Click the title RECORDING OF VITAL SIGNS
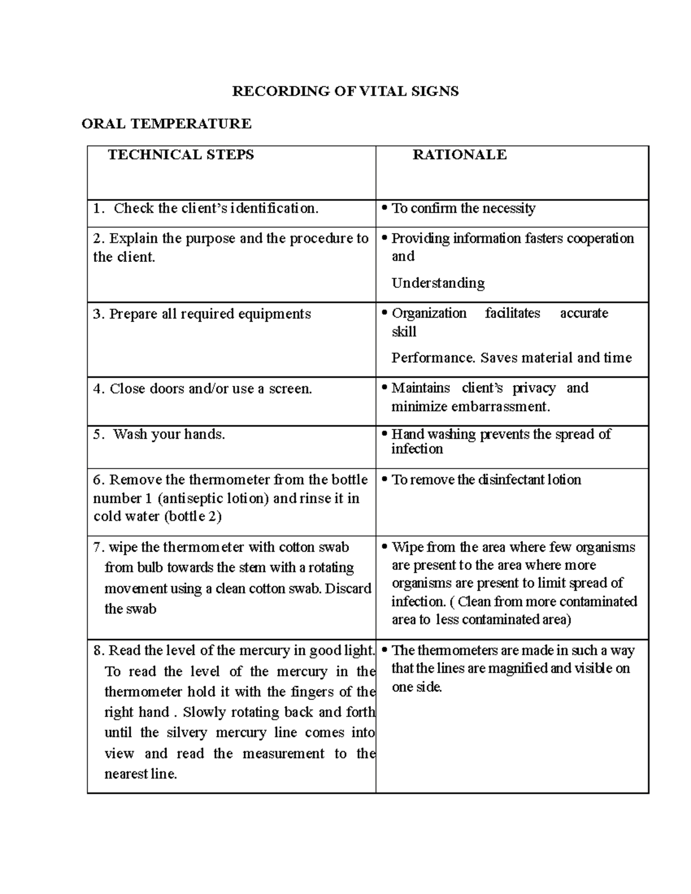pos(345,92)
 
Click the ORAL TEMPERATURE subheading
pos(166,124)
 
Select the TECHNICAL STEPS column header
pos(181,155)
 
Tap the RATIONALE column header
pos(460,155)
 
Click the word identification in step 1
pos(274,208)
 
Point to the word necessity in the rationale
pos(508,208)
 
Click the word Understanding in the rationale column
pos(438,283)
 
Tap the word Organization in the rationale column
pos(429,313)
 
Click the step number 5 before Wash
pos(97,435)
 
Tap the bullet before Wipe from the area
pos(384,547)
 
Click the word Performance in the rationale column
pos(434,358)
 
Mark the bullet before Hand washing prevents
pos(384,435)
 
